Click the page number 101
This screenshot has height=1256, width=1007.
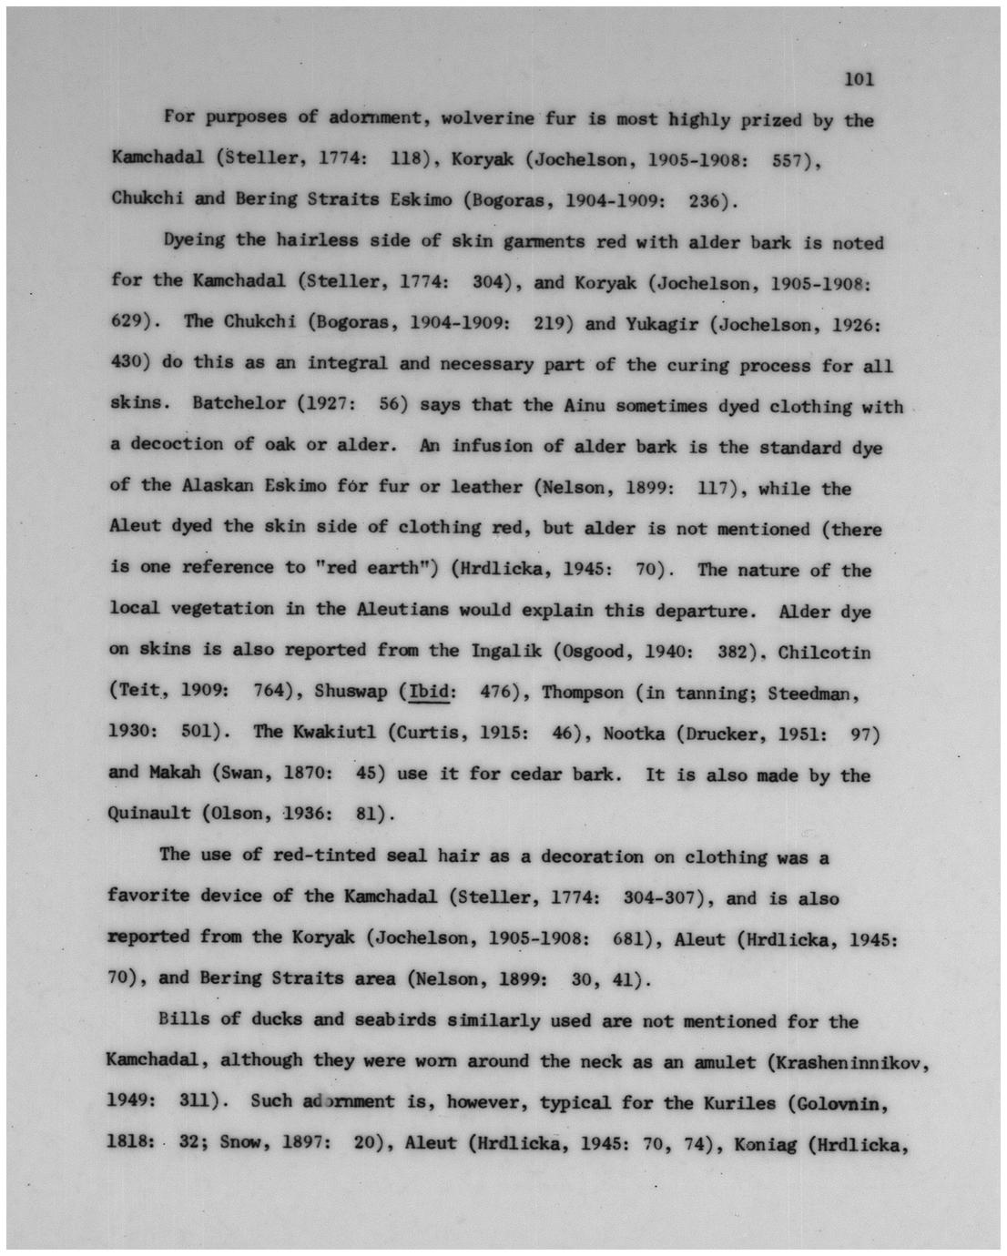[x=860, y=79]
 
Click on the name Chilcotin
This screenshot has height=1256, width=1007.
[x=824, y=653]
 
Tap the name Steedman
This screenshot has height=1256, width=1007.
[x=810, y=694]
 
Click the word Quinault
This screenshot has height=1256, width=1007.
[x=149, y=813]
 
